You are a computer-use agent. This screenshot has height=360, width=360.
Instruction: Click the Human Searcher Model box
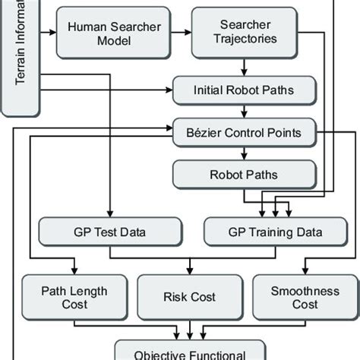[x=115, y=33]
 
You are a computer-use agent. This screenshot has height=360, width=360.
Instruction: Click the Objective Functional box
[x=179, y=352]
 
